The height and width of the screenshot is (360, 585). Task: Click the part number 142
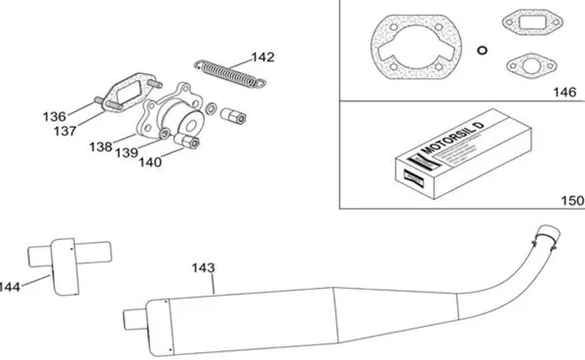[263, 57]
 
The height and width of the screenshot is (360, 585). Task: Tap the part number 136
[54, 116]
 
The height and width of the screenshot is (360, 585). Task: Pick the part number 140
[149, 163]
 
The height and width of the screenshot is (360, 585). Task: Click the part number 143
[204, 267]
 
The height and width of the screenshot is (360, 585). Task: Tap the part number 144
[11, 287]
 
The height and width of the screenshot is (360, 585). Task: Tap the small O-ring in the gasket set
[482, 49]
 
